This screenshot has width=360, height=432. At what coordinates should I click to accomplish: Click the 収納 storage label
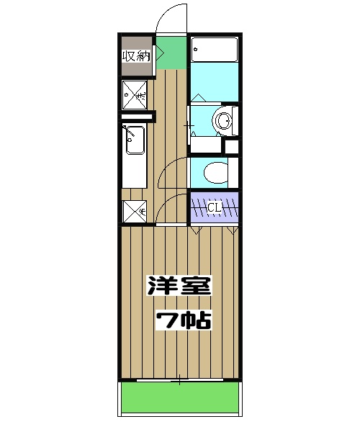pos(135,57)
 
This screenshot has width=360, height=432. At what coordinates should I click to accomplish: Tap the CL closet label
pos(214,209)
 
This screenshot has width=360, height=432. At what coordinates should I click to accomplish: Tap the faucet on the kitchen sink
pos(130,132)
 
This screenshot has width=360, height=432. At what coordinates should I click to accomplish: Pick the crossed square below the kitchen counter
pos(135,211)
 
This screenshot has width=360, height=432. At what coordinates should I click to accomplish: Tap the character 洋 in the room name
pos(163,287)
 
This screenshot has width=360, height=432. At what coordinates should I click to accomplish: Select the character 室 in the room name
pos(195,287)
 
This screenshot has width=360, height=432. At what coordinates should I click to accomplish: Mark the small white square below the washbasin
pos(231,147)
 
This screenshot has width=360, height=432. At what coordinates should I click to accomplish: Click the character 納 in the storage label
pos(143,57)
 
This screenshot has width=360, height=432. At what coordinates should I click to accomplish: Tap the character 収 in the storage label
pos(128,57)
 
